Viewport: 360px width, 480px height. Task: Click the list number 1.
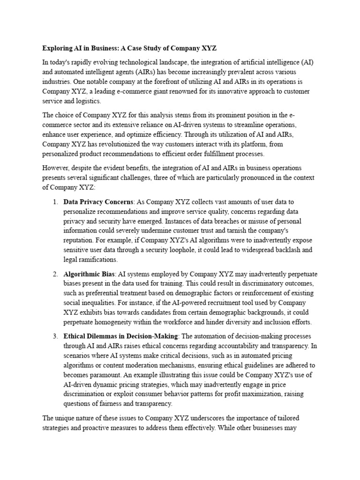point(54,202)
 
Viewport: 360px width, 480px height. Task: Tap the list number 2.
point(54,273)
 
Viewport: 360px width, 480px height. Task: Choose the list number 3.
point(54,336)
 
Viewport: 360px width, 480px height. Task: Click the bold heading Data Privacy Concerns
point(98,202)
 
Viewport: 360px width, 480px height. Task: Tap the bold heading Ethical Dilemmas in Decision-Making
point(120,336)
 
